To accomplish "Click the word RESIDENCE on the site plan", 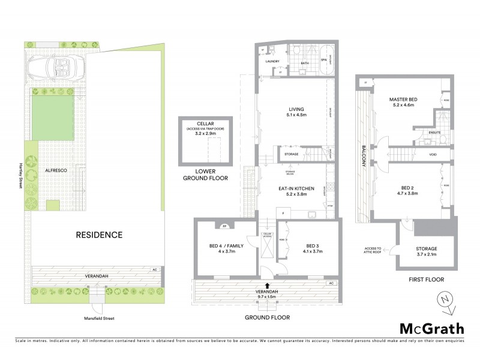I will pos(99,235).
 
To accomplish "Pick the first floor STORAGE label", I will pos(427,248).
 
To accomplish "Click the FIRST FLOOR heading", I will pos(427,279).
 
